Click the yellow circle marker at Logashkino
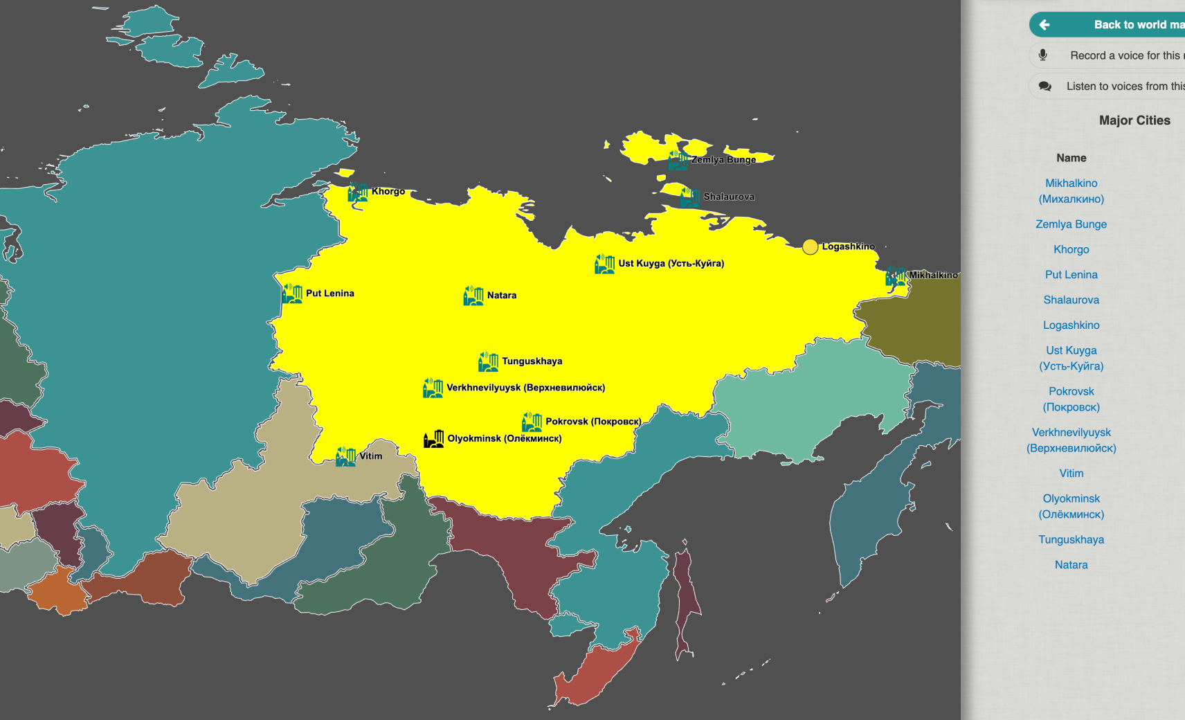(810, 247)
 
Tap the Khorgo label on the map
(388, 192)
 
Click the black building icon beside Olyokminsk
(434, 439)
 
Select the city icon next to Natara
(473, 296)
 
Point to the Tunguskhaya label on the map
(532, 361)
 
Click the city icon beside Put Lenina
(292, 294)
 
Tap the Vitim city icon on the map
(345, 456)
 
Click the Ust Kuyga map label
(671, 264)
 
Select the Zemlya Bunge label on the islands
(723, 160)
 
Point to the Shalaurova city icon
(689, 197)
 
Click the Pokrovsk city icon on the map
(532, 422)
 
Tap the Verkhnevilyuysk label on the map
(525, 388)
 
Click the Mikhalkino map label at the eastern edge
(932, 276)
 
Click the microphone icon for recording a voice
(1043, 55)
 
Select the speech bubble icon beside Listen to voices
(1045, 87)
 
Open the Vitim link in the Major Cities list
(1071, 474)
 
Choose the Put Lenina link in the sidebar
(1071, 275)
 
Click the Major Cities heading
(1134, 120)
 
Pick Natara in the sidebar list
(1071, 565)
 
